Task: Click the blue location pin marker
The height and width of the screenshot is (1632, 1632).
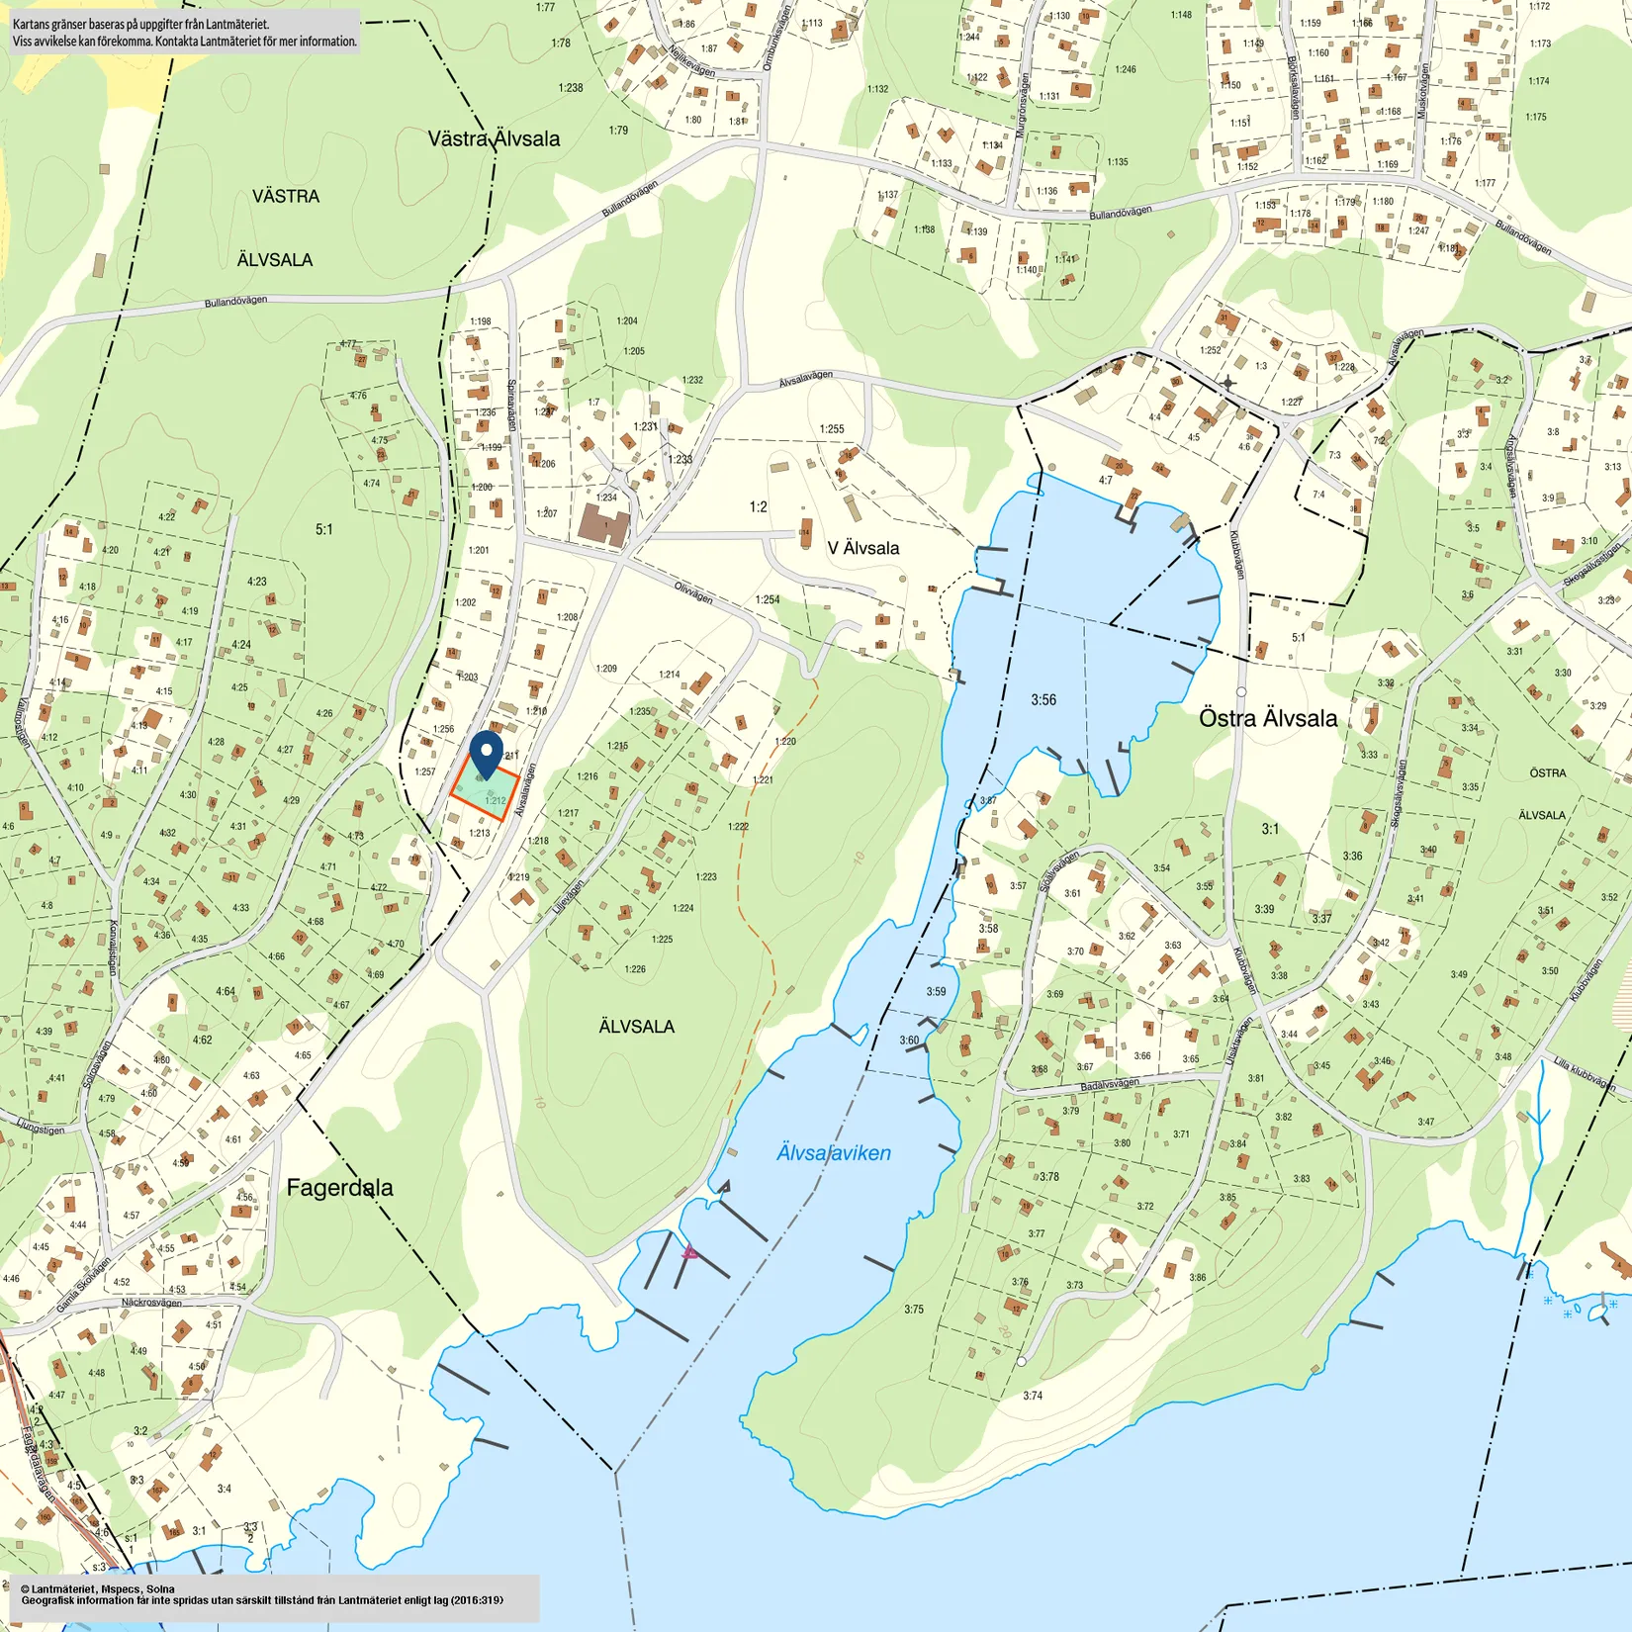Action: (x=486, y=754)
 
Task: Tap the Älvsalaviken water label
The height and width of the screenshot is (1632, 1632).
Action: (x=833, y=1152)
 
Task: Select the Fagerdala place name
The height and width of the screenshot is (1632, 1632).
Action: (x=339, y=1188)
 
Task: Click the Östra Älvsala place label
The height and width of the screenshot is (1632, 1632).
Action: (x=1267, y=718)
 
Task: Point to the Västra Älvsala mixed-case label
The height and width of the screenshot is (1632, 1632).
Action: (x=494, y=138)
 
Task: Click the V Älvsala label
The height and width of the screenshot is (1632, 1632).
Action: (x=862, y=548)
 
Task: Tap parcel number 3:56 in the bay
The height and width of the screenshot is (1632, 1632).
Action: (x=1043, y=699)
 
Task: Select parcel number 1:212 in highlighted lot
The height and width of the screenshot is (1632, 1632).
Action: (x=495, y=801)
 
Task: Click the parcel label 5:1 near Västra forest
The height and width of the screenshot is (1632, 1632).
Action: (x=324, y=530)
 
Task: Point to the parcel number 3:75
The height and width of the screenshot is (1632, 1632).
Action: (x=913, y=1309)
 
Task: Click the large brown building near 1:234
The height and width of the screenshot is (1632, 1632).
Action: (x=603, y=525)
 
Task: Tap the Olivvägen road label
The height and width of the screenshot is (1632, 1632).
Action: (x=692, y=592)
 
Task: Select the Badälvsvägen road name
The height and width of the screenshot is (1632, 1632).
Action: (x=1109, y=1085)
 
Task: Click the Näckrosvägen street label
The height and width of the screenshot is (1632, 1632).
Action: (x=151, y=1303)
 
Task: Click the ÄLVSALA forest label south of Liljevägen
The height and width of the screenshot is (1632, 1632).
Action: (x=636, y=1027)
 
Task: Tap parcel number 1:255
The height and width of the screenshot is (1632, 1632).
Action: (x=831, y=429)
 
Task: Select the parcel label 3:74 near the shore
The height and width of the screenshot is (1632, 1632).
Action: (x=1032, y=1396)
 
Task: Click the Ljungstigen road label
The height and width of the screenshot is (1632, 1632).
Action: (x=41, y=1129)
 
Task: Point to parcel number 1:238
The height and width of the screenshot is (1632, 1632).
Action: (x=570, y=88)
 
